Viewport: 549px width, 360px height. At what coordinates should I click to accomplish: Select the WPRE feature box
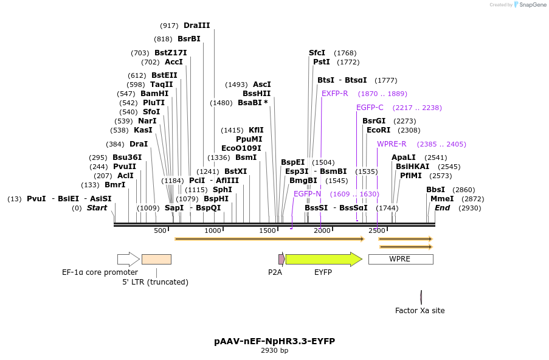pos(400,259)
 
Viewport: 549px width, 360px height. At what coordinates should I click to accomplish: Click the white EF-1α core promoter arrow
pos(128,259)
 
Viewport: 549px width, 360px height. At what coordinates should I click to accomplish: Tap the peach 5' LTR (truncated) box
pos(156,259)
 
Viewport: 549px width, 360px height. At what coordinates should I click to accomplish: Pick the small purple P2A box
pos(281,259)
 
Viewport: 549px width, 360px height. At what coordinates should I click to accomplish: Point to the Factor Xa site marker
pos(421,297)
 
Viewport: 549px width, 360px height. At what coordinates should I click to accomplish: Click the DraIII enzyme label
pos(196,26)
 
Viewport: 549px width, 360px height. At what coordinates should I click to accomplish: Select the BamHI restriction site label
pos(154,94)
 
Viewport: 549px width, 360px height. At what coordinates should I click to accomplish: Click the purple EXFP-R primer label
pos(334,94)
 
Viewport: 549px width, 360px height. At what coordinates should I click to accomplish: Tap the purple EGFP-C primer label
pos(370,108)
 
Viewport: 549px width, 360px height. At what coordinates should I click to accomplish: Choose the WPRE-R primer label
pos(392,144)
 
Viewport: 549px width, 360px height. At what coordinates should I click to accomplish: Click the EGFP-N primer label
pos(307,194)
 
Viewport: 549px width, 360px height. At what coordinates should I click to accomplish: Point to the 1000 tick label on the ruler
pos(213,230)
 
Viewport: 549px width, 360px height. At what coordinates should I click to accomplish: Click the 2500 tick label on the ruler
pos(376,230)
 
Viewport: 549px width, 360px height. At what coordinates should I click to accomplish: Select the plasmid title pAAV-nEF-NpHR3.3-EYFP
pos(274,341)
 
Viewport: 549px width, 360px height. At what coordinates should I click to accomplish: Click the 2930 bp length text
pos(274,351)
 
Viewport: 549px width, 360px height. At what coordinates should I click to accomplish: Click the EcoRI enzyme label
pos(378,130)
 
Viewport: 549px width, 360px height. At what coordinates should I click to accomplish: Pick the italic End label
pos(442,208)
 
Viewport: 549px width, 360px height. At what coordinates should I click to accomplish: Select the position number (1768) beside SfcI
pos(345,53)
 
